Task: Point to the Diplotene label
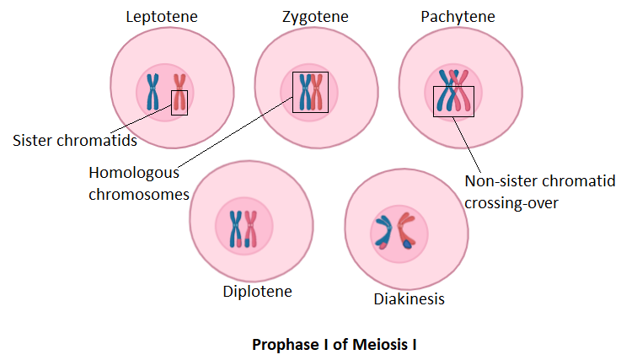tap(257, 292)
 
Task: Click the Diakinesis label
tap(409, 298)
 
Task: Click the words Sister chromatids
tap(75, 140)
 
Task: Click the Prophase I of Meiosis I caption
tap(335, 344)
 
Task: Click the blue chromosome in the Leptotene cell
tap(153, 92)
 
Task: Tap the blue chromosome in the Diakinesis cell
tap(383, 232)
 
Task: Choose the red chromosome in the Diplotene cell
tap(250, 228)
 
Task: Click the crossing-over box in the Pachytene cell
tap(453, 101)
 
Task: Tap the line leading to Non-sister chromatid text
tap(468, 143)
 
